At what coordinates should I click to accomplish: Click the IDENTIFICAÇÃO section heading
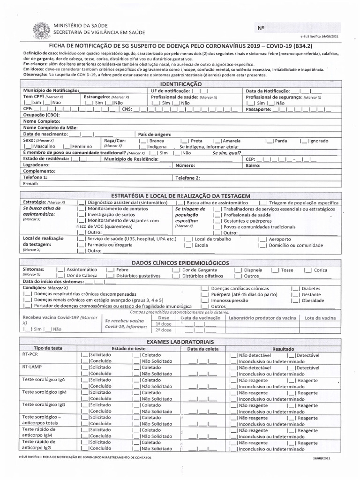click(180, 83)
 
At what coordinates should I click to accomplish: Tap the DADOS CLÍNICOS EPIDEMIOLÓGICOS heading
click(180, 263)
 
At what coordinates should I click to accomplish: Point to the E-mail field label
click(30, 184)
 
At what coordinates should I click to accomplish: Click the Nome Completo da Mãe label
click(50, 127)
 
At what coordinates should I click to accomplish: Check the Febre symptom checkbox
click(110, 270)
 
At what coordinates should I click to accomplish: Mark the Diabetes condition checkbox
click(295, 288)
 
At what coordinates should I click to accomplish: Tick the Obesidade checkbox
click(295, 300)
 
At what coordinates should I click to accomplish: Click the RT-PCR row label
click(30, 355)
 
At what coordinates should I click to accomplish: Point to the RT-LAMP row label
click(31, 367)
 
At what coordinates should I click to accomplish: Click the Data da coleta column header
click(202, 349)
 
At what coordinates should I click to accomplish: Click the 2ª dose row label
click(164, 330)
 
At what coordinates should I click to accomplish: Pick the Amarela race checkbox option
click(217, 141)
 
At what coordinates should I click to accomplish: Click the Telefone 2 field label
click(187, 178)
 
